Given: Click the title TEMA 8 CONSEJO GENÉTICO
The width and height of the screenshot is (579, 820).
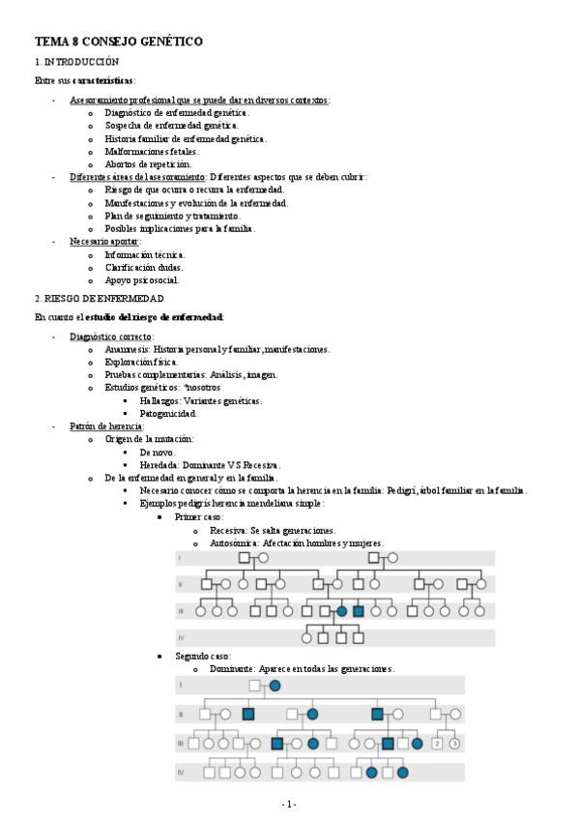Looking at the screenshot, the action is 119,42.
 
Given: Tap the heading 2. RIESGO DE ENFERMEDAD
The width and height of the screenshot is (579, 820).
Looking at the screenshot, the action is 99,299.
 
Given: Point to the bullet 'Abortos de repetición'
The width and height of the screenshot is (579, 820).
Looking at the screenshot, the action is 148,164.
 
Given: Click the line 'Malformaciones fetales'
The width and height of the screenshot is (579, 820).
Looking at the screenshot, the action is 152,152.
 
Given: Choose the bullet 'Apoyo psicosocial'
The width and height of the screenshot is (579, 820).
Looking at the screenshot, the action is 142,279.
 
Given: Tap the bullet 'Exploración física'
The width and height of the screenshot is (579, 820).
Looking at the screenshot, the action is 141,362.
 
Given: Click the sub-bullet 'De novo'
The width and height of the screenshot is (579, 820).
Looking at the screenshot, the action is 157,452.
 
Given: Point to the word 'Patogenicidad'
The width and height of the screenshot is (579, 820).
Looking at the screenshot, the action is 168,413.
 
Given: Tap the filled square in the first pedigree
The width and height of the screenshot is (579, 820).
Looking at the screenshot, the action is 358,611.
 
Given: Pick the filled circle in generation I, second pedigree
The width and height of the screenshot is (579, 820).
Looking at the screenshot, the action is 275,686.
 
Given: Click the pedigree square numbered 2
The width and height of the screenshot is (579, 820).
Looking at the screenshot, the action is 437,744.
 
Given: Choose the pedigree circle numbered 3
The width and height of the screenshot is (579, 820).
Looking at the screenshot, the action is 454,744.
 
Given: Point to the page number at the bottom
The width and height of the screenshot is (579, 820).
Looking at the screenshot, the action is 289,804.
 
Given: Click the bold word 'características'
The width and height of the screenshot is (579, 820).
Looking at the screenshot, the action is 103,80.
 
